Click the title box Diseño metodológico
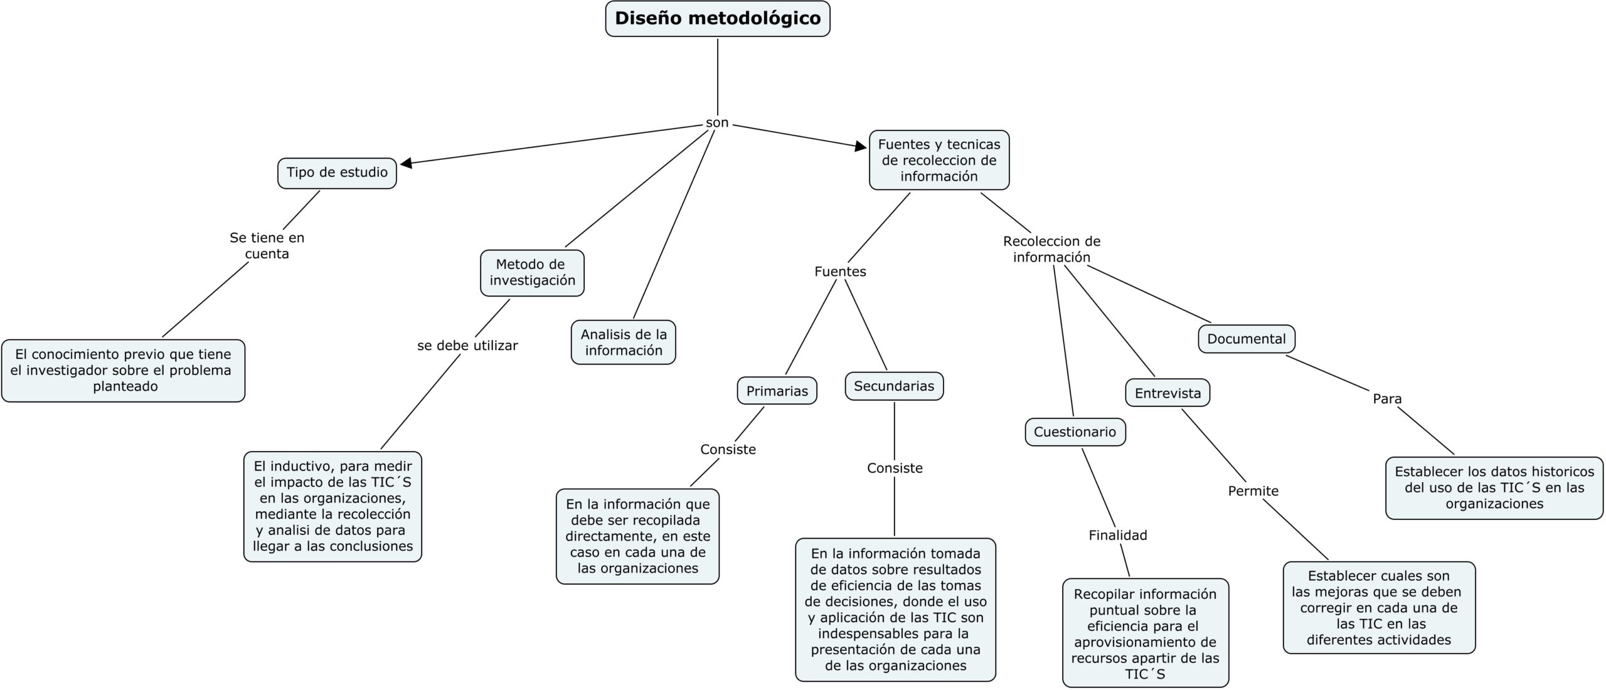(x=717, y=19)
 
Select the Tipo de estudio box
(x=337, y=173)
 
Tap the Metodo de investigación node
(x=532, y=273)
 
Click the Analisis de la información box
(x=623, y=342)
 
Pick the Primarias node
(x=777, y=391)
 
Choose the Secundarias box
(x=894, y=386)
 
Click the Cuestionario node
(x=1075, y=432)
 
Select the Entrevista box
(x=1167, y=393)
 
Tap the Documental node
(x=1247, y=339)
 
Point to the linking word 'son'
(x=717, y=123)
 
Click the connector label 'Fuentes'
(x=840, y=272)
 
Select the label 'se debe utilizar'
(x=467, y=346)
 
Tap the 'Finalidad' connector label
(x=1118, y=535)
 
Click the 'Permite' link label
(x=1253, y=491)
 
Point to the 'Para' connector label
(x=1387, y=399)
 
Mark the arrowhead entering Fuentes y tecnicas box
(x=861, y=146)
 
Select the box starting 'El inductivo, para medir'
(x=332, y=506)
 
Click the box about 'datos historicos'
(x=1494, y=488)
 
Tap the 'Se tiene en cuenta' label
(x=267, y=246)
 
